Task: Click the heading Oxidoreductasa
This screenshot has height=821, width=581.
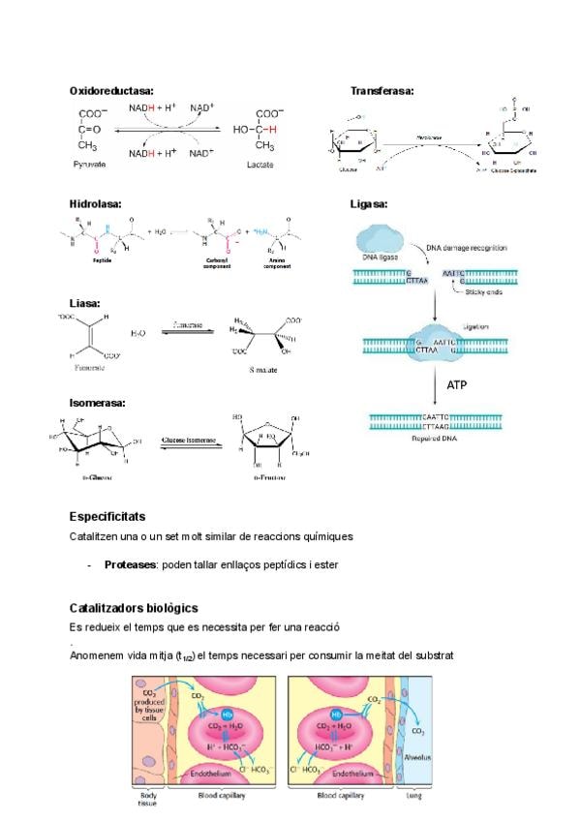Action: [x=111, y=90]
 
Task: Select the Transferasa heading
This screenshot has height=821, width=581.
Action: [x=382, y=90]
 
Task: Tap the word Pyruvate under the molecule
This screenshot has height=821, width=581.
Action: [x=89, y=166]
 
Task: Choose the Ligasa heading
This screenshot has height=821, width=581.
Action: [x=368, y=204]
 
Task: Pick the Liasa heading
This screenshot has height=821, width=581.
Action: [x=85, y=303]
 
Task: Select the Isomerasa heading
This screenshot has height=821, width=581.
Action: [x=99, y=402]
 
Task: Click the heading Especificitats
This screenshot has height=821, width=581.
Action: [x=107, y=517]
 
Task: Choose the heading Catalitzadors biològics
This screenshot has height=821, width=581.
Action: [x=134, y=607]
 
